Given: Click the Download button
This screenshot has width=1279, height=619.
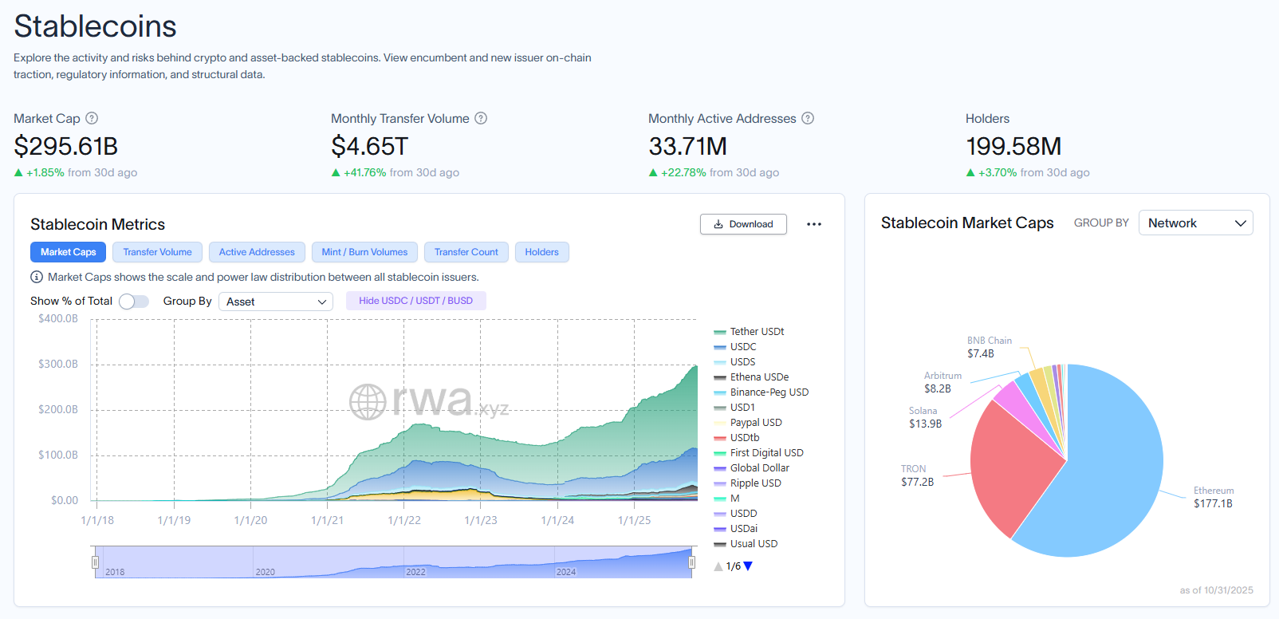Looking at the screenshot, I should point(743,224).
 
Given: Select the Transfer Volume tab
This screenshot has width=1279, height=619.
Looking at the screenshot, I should point(157,252).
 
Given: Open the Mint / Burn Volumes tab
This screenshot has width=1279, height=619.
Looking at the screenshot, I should point(364,252).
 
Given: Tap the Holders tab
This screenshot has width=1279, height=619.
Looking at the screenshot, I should point(541,252).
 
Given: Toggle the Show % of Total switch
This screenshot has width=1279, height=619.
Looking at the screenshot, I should point(134,302).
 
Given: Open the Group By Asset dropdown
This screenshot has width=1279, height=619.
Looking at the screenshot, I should point(276,302).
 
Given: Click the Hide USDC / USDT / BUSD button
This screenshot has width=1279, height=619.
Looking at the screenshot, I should point(415,301).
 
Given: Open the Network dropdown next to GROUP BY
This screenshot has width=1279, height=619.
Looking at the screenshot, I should point(1195,223).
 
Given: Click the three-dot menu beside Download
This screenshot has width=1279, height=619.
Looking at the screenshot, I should point(813,224).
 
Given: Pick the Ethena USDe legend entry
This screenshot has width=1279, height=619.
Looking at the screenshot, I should point(758,377).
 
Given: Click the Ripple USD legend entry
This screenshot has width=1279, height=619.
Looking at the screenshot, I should point(755,483).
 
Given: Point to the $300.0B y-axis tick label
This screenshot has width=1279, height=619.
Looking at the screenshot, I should point(58,364).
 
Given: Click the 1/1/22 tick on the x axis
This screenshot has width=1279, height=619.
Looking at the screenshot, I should point(404,520).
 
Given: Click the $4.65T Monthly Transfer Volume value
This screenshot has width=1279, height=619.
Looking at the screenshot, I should point(369,147).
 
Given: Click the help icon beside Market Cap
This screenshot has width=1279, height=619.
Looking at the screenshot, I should point(92,118).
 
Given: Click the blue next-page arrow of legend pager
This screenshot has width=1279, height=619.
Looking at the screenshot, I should point(748,566).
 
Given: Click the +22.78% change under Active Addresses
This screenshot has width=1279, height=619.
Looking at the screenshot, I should point(683,172).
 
